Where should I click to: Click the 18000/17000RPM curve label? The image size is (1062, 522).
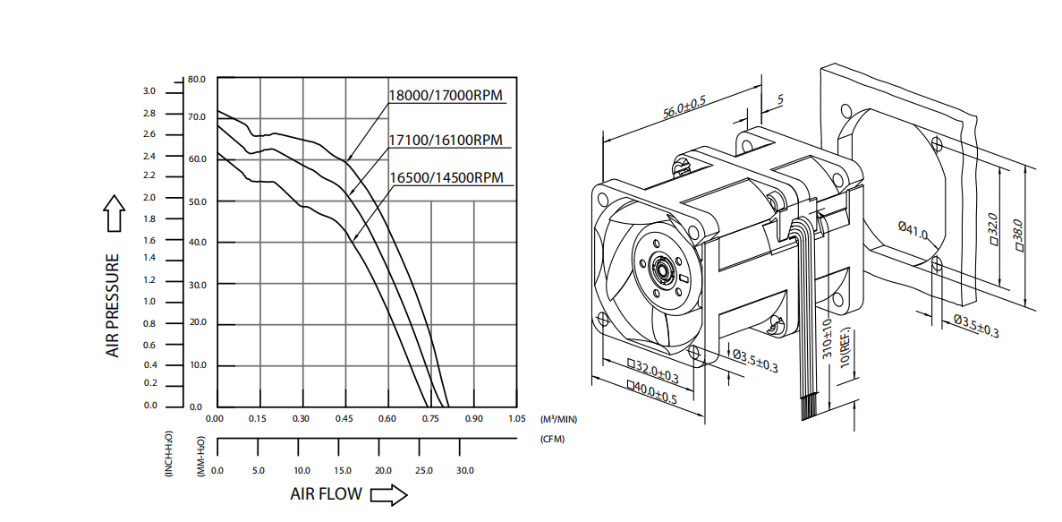[x=446, y=95]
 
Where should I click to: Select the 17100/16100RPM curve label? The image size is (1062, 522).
[x=446, y=141]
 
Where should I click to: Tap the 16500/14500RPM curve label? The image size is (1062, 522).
[x=446, y=177]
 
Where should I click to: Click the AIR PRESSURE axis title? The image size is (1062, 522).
[x=113, y=305]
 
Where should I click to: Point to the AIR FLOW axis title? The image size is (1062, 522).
[x=326, y=493]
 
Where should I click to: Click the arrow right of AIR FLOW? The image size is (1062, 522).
[x=389, y=495]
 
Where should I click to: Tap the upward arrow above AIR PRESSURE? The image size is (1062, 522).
[x=114, y=213]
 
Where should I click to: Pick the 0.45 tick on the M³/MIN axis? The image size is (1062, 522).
[x=344, y=418]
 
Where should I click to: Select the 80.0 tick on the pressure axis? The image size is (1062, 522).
[x=197, y=79]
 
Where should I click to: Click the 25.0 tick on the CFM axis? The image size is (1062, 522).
[x=424, y=470]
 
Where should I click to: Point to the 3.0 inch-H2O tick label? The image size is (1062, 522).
[x=149, y=90]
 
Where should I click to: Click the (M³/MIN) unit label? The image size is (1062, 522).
[x=559, y=420]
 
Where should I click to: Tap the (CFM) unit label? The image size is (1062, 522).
[x=552, y=439]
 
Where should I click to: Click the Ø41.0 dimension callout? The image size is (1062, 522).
[x=913, y=230]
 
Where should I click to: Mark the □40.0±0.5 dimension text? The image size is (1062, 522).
[x=651, y=392]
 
